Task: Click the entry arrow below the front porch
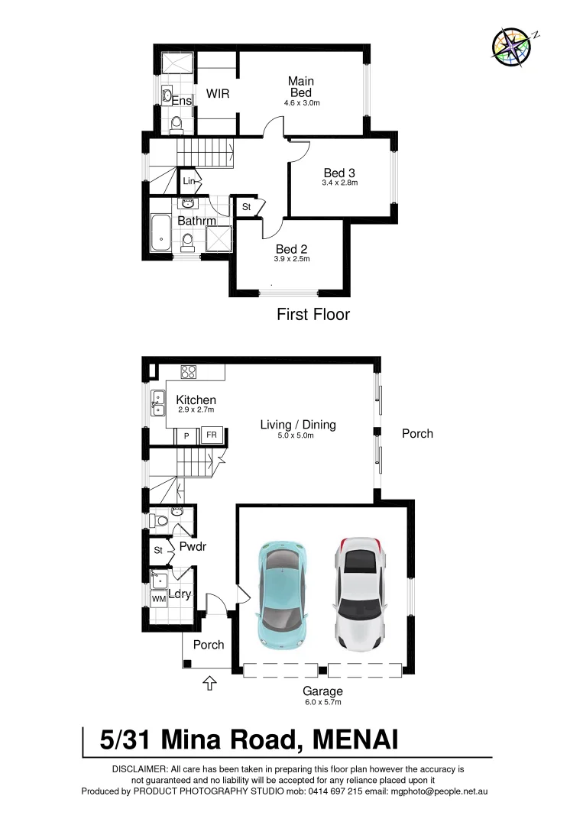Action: click(209, 683)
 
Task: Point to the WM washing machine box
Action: click(158, 600)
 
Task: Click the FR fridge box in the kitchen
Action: click(210, 435)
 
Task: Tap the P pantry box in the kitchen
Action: click(185, 436)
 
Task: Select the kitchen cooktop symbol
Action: click(189, 372)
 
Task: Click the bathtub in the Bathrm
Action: click(161, 235)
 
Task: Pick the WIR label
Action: click(218, 94)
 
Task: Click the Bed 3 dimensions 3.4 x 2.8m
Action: click(340, 183)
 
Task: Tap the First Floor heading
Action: click(313, 314)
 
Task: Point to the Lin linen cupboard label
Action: click(189, 181)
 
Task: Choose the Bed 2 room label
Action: click(292, 249)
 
